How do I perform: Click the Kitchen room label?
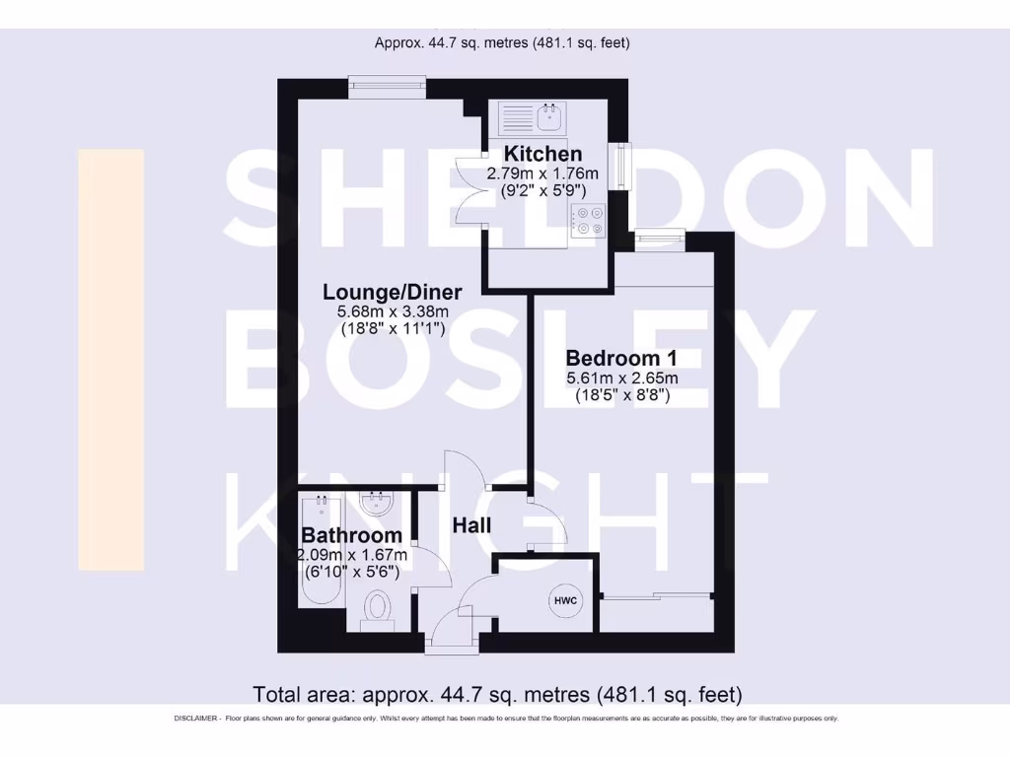[542, 154]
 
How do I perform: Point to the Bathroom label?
[351, 535]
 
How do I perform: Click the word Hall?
[471, 525]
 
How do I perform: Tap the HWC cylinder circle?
[564, 601]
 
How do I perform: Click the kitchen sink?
[550, 119]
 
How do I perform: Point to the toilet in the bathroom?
[377, 608]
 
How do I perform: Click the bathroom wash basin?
[376, 504]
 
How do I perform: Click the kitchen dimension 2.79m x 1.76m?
[542, 173]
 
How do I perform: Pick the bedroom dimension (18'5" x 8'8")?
[622, 396]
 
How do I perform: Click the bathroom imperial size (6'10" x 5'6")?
[351, 572]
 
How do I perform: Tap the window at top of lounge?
[387, 87]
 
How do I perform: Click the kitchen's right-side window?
[619, 165]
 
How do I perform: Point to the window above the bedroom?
[659, 237]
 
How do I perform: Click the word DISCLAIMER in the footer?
[196, 719]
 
